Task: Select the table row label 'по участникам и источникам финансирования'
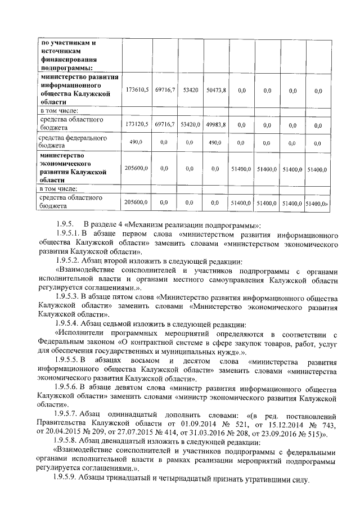[72, 55]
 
